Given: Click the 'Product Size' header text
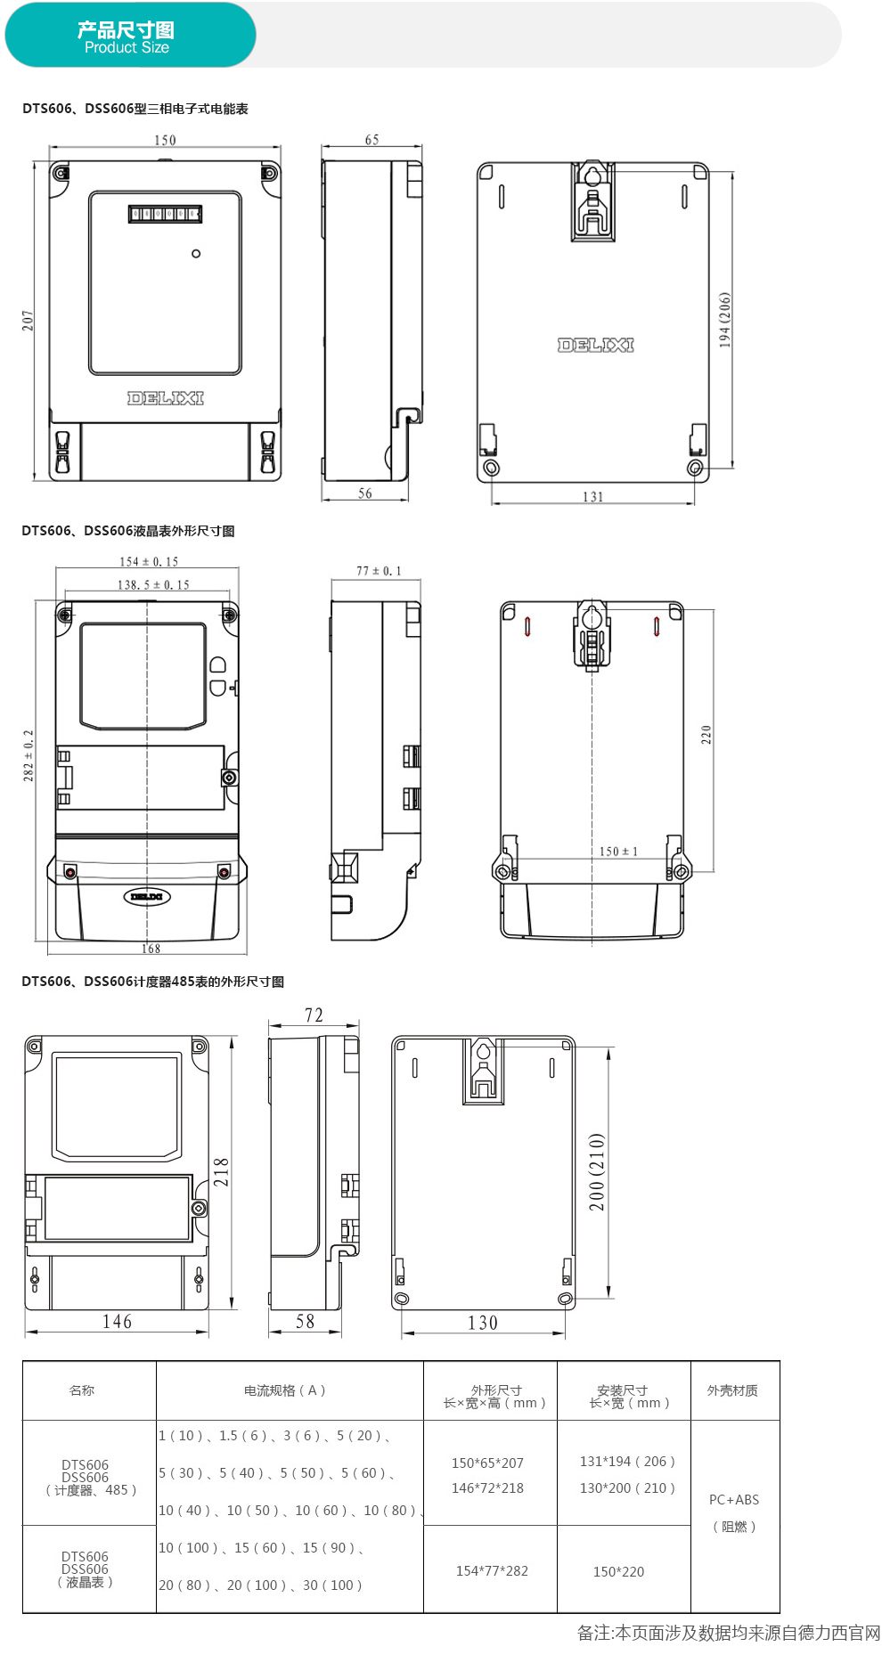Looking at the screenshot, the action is point(127,48).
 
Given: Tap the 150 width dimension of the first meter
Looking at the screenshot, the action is point(165,140).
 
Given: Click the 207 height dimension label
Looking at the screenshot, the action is point(28,321).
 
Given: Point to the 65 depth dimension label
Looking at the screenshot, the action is point(372,140).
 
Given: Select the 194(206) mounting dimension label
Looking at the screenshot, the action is point(724,320).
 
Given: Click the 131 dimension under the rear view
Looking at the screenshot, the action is point(593,497).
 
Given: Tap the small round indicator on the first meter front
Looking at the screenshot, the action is point(196,254).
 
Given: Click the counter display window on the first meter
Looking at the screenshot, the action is point(165,214).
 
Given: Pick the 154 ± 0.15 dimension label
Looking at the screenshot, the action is point(149,562).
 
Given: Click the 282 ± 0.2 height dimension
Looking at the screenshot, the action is point(29,756).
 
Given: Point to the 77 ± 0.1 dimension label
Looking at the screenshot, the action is point(379,571).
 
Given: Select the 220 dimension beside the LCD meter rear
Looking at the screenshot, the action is point(706,735).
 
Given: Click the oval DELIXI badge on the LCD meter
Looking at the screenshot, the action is point(147,896).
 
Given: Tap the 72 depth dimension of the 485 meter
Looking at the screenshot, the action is point(314,1015).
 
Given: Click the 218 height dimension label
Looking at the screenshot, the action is point(221,1172).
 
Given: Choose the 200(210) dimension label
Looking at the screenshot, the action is point(596,1172).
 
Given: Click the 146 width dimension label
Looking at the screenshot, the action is point(117,1322).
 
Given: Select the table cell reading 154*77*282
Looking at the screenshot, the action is point(492,1571).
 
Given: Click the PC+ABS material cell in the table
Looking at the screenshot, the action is point(734,1500).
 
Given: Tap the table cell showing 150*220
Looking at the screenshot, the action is point(618,1572).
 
